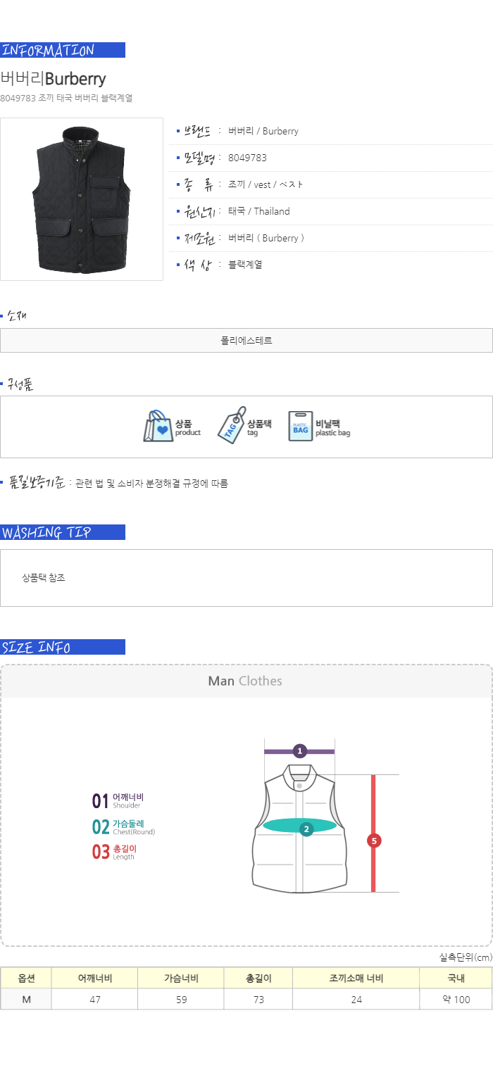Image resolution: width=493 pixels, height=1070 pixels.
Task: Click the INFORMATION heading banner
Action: (x=63, y=50)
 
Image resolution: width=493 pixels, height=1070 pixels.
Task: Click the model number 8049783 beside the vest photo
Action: (x=247, y=158)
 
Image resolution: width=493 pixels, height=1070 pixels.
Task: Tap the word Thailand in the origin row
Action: (x=272, y=211)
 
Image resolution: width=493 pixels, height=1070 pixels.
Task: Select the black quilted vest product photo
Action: (x=81, y=199)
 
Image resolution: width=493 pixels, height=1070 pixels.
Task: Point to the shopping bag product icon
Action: (x=158, y=426)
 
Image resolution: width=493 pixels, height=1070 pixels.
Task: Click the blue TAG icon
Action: (x=232, y=426)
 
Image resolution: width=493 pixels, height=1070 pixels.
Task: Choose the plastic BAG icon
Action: (x=301, y=426)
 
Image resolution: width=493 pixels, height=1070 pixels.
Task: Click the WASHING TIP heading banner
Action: (x=63, y=532)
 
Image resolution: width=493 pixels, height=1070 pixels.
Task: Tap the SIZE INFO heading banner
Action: (x=63, y=647)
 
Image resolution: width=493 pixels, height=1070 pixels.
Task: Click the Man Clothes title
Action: (x=245, y=681)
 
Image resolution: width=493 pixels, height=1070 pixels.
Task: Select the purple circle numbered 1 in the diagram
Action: (x=299, y=751)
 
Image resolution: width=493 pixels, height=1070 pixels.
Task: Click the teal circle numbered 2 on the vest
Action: (x=306, y=829)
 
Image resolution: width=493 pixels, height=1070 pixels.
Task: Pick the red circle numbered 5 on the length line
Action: (x=374, y=841)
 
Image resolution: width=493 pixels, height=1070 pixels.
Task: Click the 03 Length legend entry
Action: (x=115, y=852)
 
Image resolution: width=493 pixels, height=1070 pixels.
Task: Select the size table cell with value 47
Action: (x=94, y=1000)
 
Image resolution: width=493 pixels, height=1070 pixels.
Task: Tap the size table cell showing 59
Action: (x=181, y=1000)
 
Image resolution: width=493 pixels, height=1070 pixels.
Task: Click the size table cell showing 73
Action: (x=258, y=1000)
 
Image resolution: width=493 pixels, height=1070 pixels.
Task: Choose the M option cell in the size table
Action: (x=26, y=1000)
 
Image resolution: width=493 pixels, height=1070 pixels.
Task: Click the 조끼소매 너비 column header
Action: (x=356, y=978)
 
